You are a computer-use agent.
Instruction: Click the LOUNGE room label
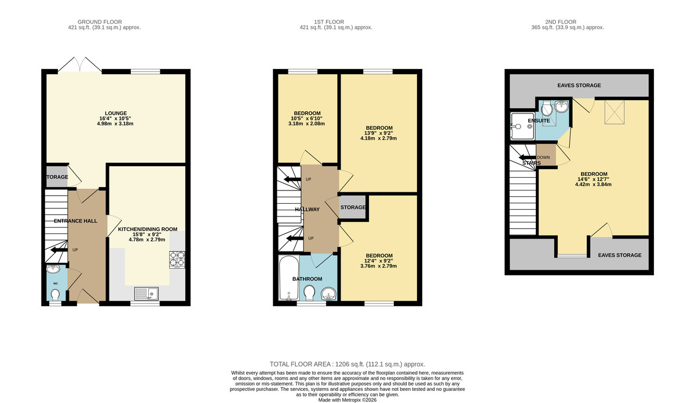click(116, 113)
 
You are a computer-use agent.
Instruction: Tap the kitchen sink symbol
click(145, 293)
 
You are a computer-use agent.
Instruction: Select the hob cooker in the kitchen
click(177, 259)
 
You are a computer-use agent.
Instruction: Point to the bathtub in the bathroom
click(288, 279)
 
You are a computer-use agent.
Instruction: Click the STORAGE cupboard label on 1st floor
click(353, 207)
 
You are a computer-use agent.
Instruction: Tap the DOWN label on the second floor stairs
click(543, 157)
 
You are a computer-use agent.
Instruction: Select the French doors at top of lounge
click(80, 64)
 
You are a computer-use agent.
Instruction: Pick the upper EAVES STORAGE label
click(579, 85)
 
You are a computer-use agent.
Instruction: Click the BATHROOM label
click(306, 279)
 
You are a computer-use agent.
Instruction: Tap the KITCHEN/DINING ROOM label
click(148, 229)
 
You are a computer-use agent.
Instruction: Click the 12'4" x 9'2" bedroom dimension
click(379, 261)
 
